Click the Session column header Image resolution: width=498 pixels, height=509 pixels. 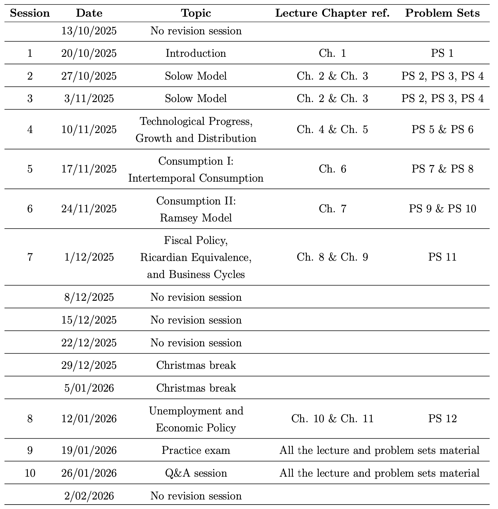[30, 13]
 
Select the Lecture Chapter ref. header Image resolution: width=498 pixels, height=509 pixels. [332, 13]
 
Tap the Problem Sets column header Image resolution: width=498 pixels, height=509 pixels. [442, 13]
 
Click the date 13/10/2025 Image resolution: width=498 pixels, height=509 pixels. [89, 31]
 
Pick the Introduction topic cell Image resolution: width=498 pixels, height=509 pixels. [196, 53]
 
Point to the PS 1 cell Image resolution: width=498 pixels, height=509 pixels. [442, 53]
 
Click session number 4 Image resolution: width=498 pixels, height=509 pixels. [30, 130]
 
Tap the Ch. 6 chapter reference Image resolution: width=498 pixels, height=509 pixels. [332, 169]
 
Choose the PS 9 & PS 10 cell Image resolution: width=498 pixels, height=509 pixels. [442, 209]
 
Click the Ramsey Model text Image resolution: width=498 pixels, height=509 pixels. [196, 218]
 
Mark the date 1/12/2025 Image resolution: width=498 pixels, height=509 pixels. [89, 257]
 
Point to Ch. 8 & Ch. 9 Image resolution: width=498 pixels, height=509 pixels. [332, 257]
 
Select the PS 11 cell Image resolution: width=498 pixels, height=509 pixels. [442, 257]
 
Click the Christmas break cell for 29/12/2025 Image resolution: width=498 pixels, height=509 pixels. [196, 365]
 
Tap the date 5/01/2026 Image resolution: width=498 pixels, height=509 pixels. [89, 388]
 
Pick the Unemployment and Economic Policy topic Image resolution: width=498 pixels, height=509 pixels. [196, 419]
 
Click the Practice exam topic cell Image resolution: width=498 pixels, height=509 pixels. [196, 450]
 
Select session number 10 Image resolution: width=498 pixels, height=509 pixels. [30, 473]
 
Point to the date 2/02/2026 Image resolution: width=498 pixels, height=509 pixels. [89, 496]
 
